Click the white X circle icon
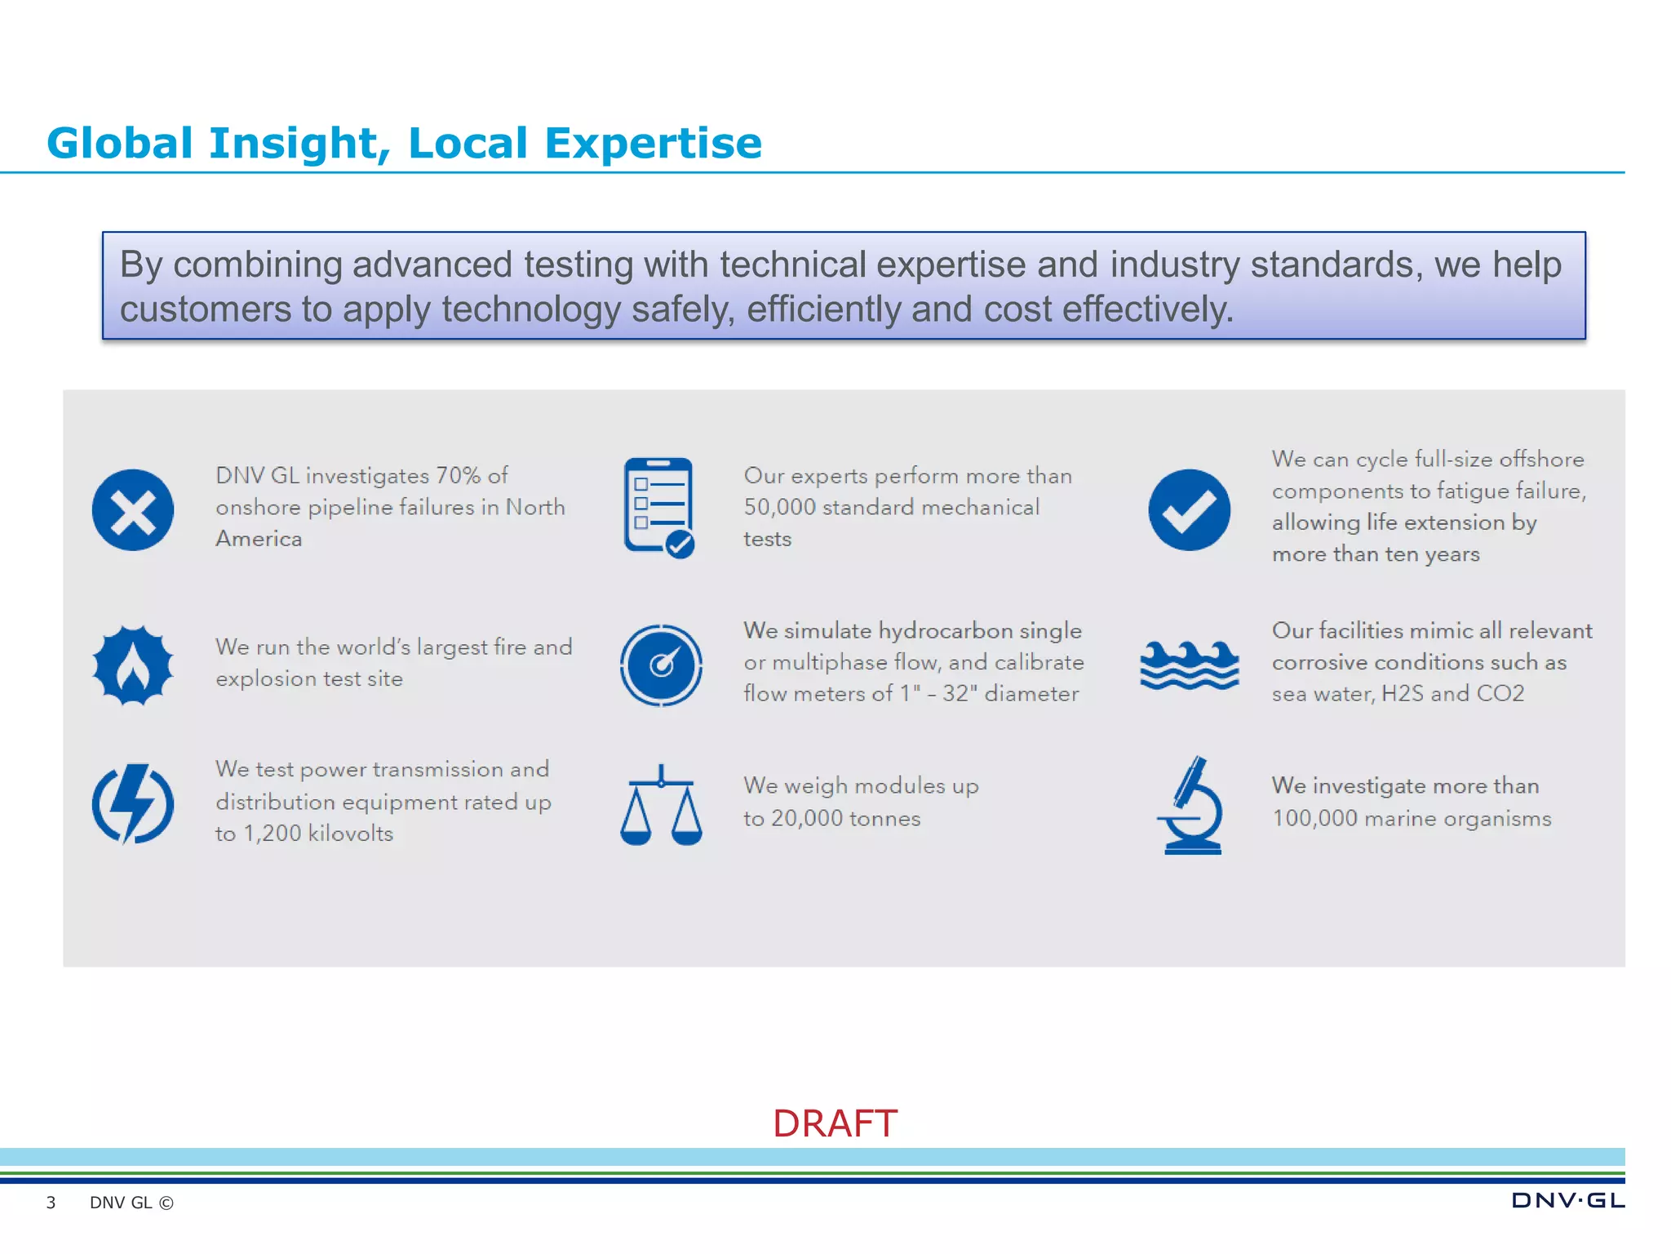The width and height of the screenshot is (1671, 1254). tap(133, 510)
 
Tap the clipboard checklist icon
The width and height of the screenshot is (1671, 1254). tap(658, 508)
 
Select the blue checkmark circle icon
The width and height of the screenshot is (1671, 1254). tap(1189, 510)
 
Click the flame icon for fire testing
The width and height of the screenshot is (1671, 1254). tap(133, 665)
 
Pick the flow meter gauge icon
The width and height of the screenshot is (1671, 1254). tap(661, 665)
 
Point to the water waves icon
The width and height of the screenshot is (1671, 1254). tap(1189, 665)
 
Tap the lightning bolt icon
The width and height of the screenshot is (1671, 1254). tap(133, 804)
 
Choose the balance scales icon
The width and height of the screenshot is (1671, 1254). tap(661, 806)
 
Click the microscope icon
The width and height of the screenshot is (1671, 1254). tap(1191, 806)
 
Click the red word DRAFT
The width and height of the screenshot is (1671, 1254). tap(835, 1123)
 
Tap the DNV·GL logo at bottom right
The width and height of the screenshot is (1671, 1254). tap(1567, 1200)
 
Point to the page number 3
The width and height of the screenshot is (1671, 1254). tap(51, 1203)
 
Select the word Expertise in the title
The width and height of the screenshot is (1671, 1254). tap(653, 144)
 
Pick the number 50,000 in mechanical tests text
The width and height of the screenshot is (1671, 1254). tap(779, 507)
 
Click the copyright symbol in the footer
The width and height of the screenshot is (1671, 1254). tap(166, 1203)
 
